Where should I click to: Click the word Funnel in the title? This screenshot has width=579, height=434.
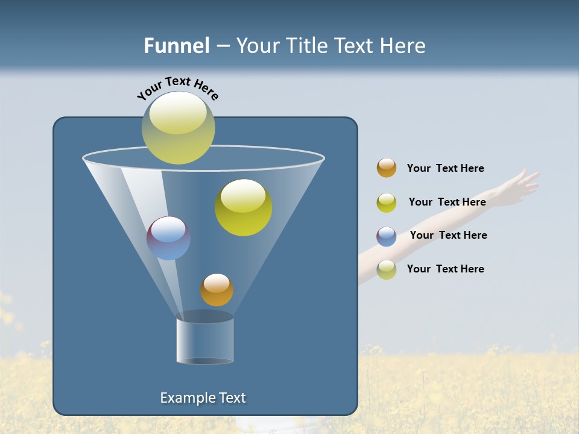click(176, 46)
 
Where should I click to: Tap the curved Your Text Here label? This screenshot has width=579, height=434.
click(177, 87)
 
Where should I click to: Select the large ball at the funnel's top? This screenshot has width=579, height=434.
click(179, 128)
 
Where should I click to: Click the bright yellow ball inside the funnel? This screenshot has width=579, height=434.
click(244, 207)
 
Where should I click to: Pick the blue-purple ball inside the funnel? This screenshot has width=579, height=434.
click(169, 238)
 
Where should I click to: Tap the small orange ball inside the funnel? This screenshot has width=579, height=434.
click(217, 290)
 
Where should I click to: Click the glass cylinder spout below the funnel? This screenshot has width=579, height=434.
click(205, 341)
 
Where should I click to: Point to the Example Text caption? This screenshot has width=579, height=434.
click(203, 398)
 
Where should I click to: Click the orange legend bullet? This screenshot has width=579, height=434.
click(387, 168)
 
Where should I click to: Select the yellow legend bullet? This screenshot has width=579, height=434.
click(387, 203)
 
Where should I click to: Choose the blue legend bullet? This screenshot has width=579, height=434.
click(387, 236)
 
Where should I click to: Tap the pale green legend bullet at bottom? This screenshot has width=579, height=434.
click(387, 269)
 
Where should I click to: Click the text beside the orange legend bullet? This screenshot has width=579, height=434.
click(445, 169)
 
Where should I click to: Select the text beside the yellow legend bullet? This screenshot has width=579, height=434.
click(447, 203)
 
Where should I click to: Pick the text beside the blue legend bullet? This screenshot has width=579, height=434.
click(448, 236)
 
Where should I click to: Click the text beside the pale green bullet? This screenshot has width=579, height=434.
click(445, 269)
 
